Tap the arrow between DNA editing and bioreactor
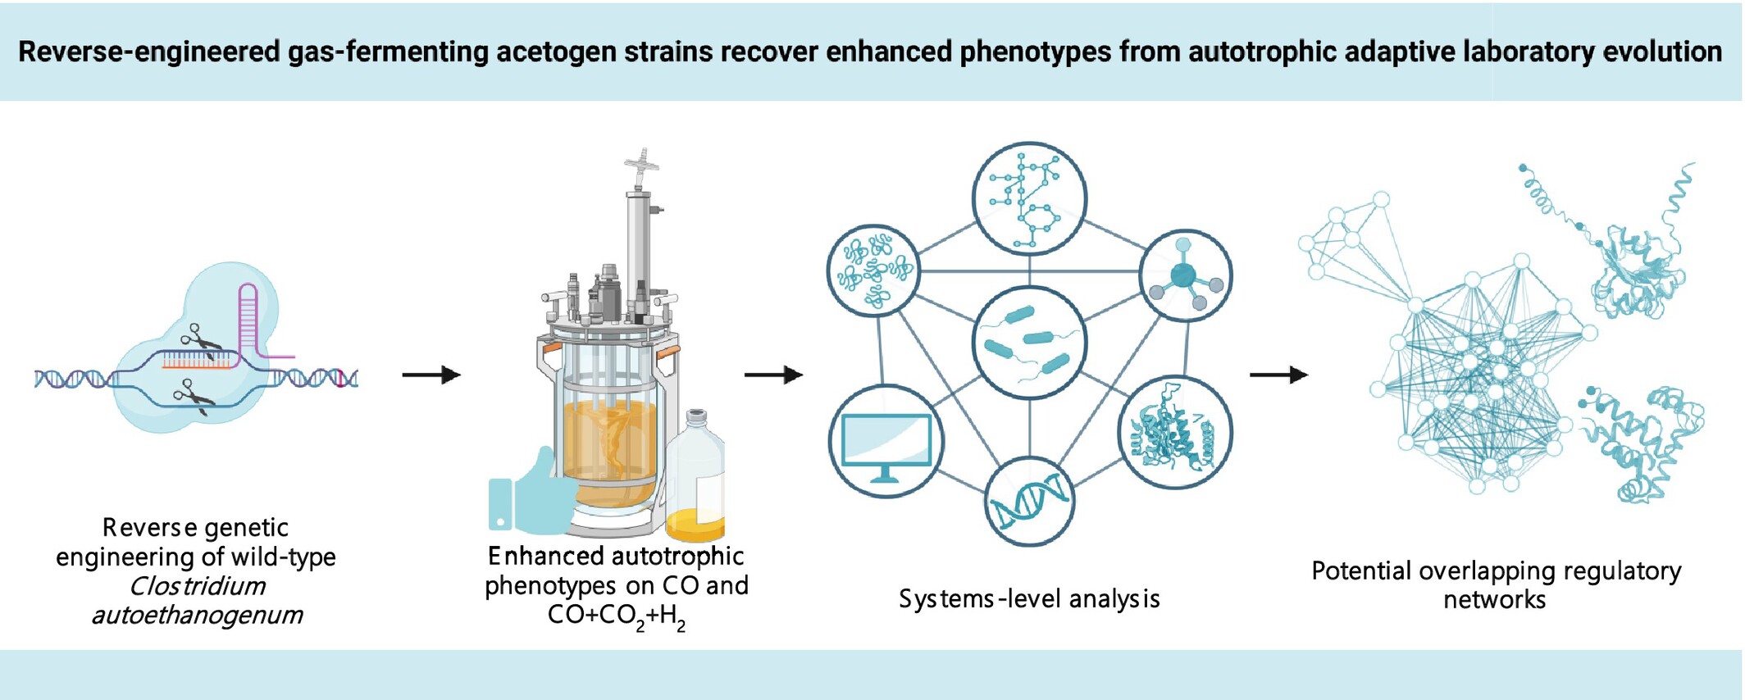pos(431,375)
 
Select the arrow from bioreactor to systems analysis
pos(773,375)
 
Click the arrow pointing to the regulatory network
pos(1278,375)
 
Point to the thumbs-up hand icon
pos(532,493)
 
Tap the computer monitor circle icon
pos(886,442)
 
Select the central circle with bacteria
pos(1029,343)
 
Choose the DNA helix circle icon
pos(1029,501)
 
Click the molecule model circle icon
pos(1185,275)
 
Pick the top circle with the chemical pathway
pos(1029,198)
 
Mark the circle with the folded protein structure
pos(1174,433)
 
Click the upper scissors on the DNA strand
pos(200,340)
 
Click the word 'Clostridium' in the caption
pos(197,586)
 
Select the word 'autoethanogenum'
pos(197,615)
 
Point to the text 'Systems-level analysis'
pos(1029,599)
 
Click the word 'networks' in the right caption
pos(1494,600)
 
